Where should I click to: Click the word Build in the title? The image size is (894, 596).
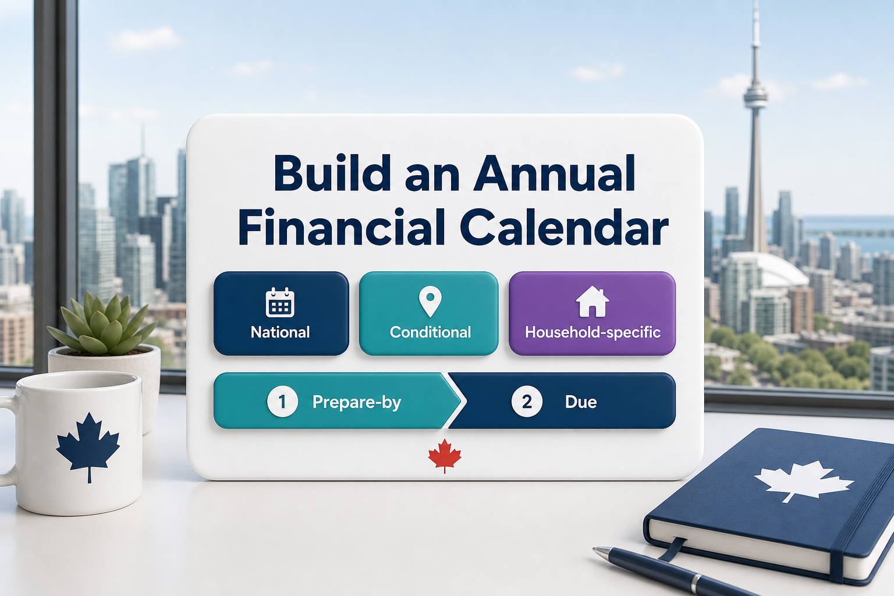click(x=332, y=173)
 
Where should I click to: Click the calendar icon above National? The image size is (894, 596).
click(x=280, y=302)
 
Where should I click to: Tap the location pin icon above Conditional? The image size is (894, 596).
click(x=430, y=302)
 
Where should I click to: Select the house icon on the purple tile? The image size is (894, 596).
click(x=593, y=301)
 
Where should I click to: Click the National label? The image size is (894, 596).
click(x=280, y=332)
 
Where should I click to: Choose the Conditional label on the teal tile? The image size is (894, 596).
click(x=430, y=332)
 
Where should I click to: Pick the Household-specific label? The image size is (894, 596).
click(x=593, y=332)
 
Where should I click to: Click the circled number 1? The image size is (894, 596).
click(x=282, y=402)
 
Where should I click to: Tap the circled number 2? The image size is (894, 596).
click(x=527, y=402)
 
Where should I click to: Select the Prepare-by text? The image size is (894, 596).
click(x=357, y=402)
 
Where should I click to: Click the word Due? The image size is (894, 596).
click(x=581, y=402)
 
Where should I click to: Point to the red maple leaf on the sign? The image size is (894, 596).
click(x=445, y=456)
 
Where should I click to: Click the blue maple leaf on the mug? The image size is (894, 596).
click(x=88, y=445)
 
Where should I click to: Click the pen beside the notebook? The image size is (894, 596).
click(x=670, y=572)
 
